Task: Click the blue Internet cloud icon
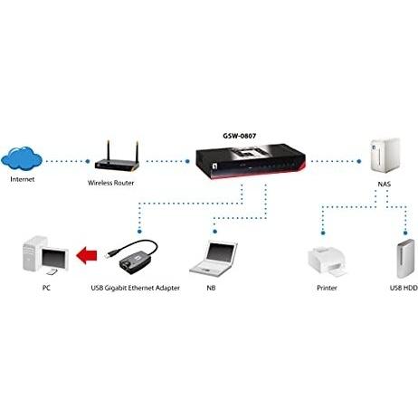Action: (22, 159)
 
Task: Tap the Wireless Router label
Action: (110, 183)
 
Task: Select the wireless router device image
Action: (117, 157)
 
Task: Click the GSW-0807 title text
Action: (240, 136)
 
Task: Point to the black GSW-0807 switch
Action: (251, 161)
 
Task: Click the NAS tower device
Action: (385, 156)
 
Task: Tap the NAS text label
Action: (385, 184)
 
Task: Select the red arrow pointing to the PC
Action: (87, 255)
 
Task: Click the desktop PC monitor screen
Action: (53, 259)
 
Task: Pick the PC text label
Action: (46, 288)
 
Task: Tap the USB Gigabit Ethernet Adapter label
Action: (135, 288)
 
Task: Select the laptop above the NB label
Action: (214, 259)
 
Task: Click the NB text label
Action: (211, 288)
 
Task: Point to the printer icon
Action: (328, 261)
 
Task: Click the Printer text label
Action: (327, 288)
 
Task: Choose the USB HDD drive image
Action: (405, 259)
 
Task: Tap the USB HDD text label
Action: (404, 288)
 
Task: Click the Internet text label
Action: (23, 179)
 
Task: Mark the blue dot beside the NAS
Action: (359, 161)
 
